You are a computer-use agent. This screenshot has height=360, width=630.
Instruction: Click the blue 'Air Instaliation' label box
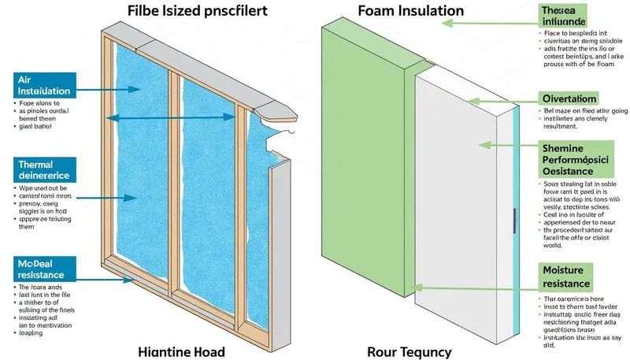(x=44, y=86)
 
